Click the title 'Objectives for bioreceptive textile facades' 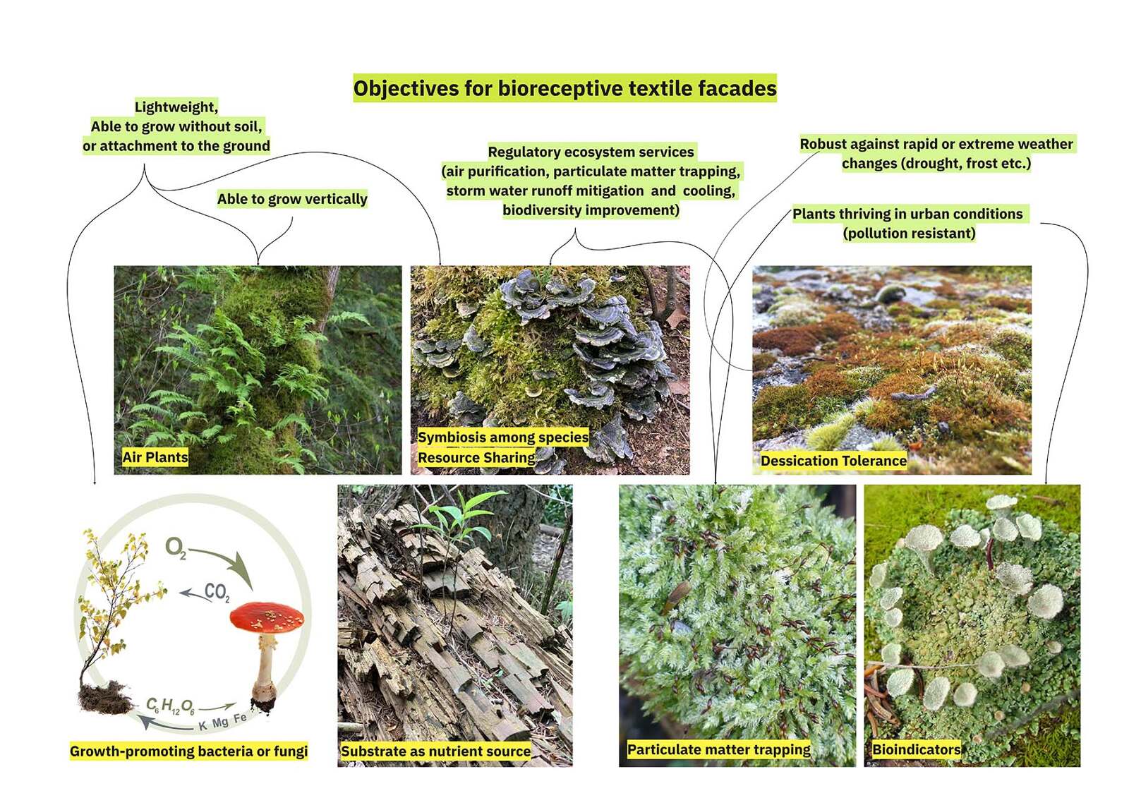pos(564,88)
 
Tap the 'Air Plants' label pos(155,457)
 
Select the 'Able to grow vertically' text pos(291,199)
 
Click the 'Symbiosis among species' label pos(502,437)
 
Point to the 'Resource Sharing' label pos(476,457)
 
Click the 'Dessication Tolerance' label pos(833,461)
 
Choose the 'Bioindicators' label pos(916,749)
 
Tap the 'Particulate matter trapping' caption pos(718,749)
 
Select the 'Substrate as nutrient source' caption pos(435,751)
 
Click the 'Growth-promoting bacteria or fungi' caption pos(188,751)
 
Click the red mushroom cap pos(267,617)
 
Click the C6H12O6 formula pos(170,706)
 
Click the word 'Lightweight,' pos(176,107)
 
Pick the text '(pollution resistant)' pos(909,234)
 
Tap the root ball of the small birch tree pos(104,697)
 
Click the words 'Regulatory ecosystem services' pos(591,152)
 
